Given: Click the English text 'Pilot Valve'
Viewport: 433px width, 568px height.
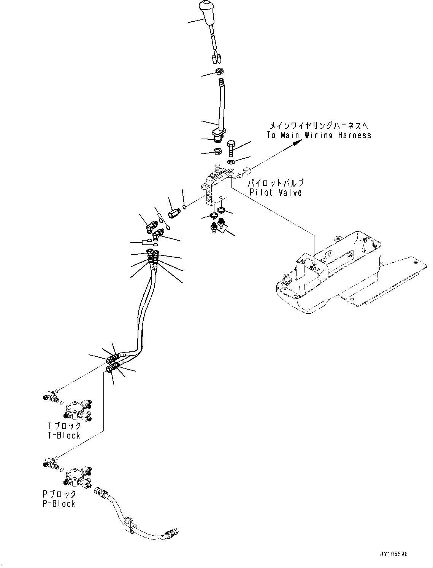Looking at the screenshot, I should (x=276, y=193).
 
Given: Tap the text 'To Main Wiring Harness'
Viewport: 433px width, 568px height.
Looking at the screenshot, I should (x=318, y=135).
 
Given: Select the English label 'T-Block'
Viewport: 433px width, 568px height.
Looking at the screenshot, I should (x=64, y=435).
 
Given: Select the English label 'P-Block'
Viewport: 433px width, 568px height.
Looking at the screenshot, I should (x=59, y=504).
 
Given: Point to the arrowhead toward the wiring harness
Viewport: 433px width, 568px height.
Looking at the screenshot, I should (x=298, y=142).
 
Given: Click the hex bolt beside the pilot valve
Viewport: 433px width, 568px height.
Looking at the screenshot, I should (x=232, y=149).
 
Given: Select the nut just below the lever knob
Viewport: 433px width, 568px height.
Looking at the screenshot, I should (x=219, y=70).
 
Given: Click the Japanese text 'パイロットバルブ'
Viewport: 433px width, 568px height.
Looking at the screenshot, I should (x=276, y=183).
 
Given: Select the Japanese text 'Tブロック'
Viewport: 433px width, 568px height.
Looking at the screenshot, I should (x=64, y=426).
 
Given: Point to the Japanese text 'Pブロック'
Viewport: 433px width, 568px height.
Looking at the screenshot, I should (x=59, y=494).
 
